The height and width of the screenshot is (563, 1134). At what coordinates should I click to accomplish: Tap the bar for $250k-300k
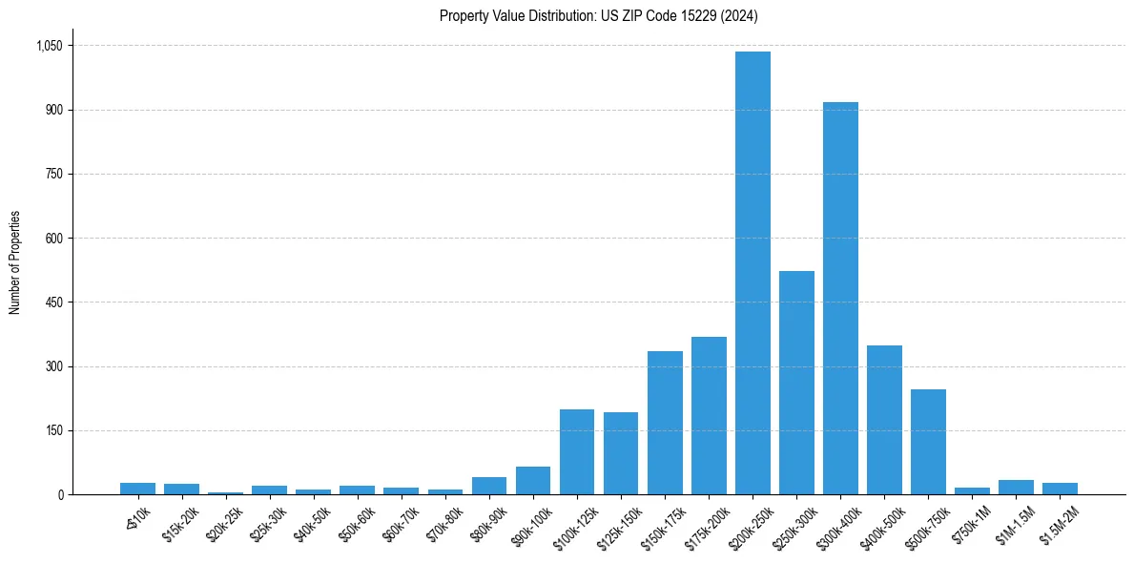coord(796,383)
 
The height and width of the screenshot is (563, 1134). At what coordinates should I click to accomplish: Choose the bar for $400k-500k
coord(884,420)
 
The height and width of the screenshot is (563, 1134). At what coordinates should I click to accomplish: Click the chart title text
coord(599,15)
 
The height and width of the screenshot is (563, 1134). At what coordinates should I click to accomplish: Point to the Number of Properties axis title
coord(15,262)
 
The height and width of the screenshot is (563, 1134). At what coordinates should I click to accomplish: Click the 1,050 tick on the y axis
coord(49,46)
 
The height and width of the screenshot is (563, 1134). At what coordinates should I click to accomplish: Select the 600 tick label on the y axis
coord(53,239)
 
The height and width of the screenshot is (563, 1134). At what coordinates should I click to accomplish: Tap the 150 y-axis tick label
coord(53,430)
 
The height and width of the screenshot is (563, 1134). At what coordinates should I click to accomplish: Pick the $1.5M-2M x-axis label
coord(1056,520)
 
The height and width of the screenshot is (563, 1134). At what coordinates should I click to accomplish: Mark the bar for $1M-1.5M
coord(1016,488)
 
